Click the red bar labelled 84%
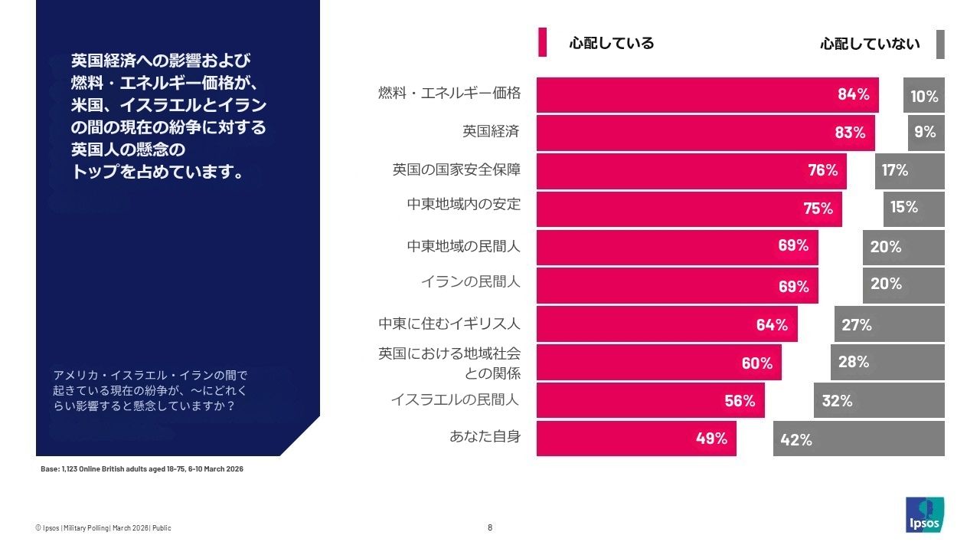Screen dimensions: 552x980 click(x=707, y=95)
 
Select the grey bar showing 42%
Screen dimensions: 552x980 click(x=858, y=439)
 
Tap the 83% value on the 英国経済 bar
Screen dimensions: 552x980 click(x=850, y=133)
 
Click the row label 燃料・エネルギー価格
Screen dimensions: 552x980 click(x=449, y=94)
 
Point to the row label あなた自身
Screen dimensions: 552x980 click(x=485, y=437)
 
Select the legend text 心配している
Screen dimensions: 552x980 click(x=611, y=43)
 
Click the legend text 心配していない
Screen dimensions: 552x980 click(x=870, y=44)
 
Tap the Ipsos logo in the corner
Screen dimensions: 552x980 click(x=924, y=514)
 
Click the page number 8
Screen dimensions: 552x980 click(x=490, y=527)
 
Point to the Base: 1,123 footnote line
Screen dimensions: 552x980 click(x=142, y=468)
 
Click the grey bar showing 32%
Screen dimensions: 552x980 click(x=878, y=400)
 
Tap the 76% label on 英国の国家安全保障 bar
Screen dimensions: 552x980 click(x=823, y=170)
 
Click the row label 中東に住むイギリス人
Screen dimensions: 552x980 click(x=449, y=324)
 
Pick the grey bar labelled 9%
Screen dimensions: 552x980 click(x=926, y=133)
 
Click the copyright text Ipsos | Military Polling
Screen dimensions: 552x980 click(x=103, y=528)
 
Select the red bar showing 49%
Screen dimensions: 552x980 click(x=635, y=439)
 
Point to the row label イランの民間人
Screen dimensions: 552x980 click(x=470, y=281)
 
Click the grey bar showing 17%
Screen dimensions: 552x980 click(x=909, y=171)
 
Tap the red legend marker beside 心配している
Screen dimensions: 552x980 click(x=542, y=42)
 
